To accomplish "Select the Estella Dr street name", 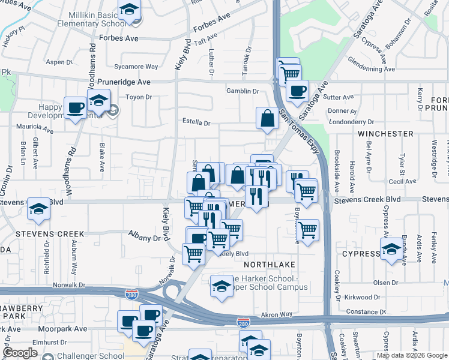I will tap(197, 123).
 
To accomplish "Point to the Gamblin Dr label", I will tap(242, 91).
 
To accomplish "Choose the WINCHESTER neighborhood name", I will tap(385, 133).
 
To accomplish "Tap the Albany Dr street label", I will tap(145, 238).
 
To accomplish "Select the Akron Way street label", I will tap(277, 314).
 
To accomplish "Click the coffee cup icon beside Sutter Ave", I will tap(297, 91).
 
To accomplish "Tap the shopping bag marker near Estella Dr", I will tap(267, 118).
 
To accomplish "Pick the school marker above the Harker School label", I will tap(221, 286).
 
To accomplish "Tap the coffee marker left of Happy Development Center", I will tap(75, 108).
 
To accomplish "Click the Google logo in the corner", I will tap(20, 353).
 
